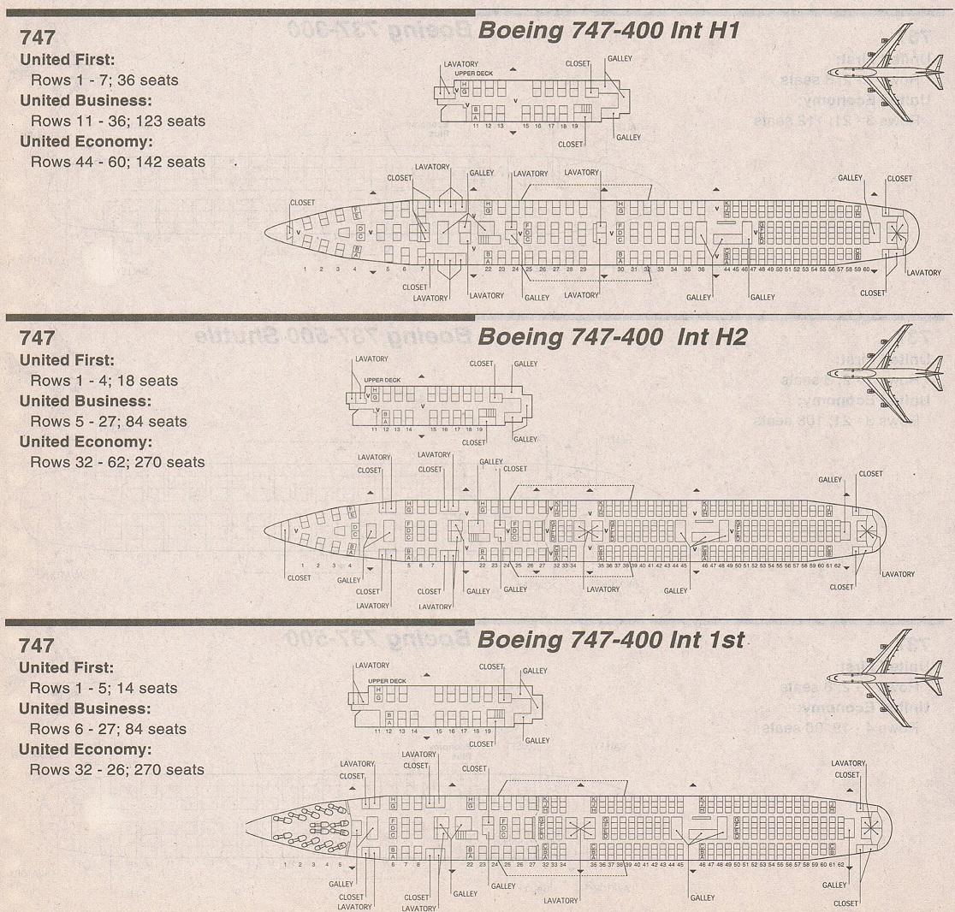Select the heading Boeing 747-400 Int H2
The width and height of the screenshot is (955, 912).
coord(612,337)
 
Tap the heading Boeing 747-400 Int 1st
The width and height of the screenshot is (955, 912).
coord(610,640)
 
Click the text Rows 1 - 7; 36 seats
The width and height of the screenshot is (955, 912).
coord(104,80)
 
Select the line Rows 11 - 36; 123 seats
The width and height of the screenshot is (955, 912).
coord(117,121)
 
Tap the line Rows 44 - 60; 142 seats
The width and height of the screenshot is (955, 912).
coord(117,162)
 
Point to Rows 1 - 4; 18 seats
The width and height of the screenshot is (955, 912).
coord(104,381)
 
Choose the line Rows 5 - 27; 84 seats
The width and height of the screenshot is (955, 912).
coord(108,421)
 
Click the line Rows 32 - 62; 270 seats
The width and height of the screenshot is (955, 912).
coord(117,462)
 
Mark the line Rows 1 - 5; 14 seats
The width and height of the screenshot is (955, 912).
coord(104,688)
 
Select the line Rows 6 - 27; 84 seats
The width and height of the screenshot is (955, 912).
coord(108,729)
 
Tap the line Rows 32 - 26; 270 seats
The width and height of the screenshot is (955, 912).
coord(117,769)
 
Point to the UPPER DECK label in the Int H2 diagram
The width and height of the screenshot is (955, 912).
coord(382,379)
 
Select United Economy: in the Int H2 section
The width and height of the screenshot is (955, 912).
coord(86,441)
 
